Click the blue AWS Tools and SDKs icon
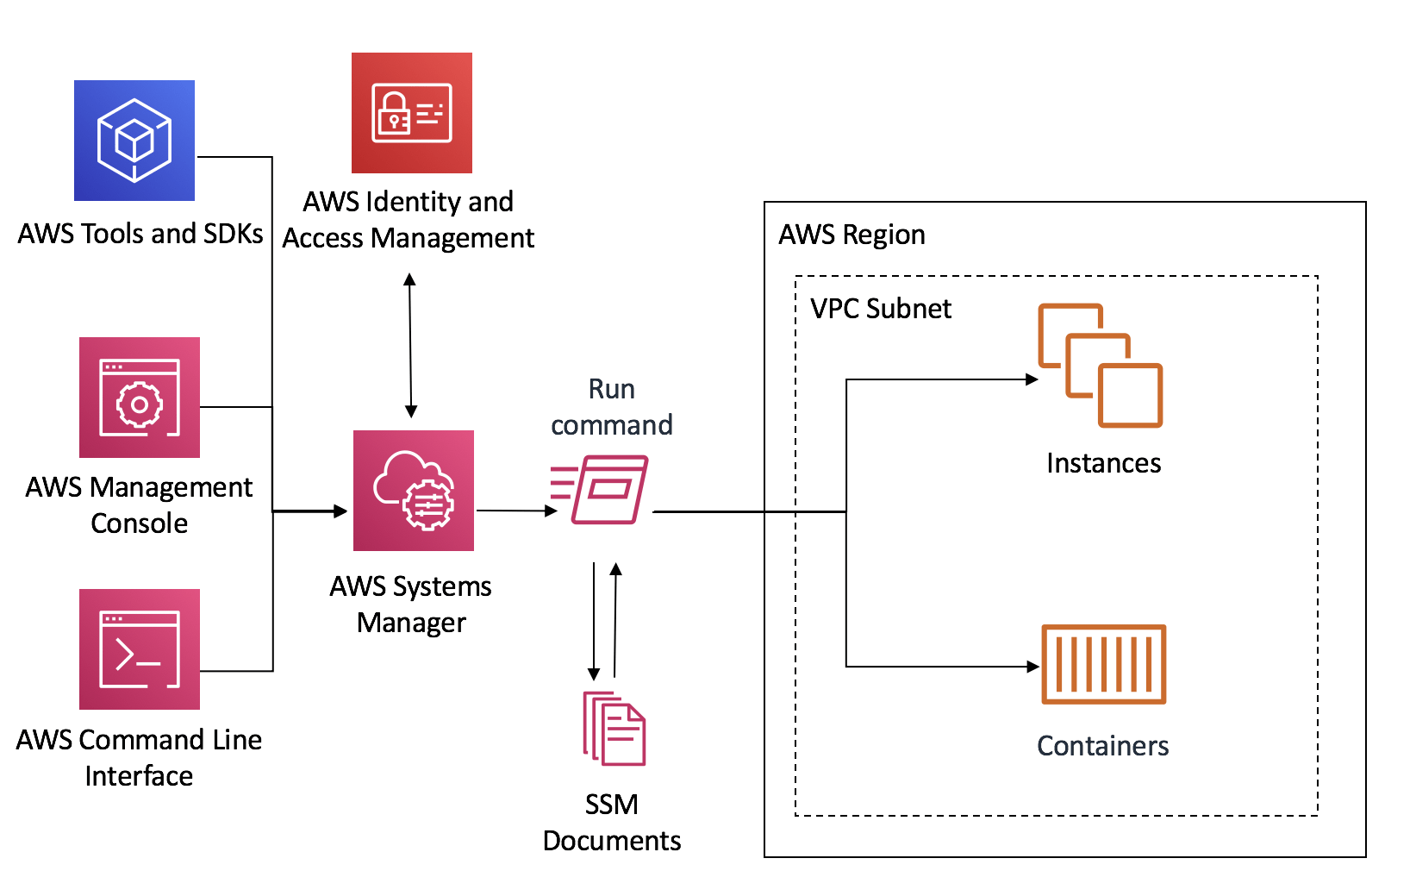coord(134,141)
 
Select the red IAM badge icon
coord(412,113)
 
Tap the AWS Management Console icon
coord(140,398)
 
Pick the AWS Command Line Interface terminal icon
coord(140,649)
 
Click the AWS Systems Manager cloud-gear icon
coord(414,491)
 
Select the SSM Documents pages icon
coord(614,729)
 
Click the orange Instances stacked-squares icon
coord(1101,366)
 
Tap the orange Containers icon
coord(1104,664)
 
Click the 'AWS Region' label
coord(851,235)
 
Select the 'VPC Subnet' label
coord(881,309)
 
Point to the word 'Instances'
coord(1104,463)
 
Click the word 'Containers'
coord(1103,746)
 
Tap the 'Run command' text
coord(612,407)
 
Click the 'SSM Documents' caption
coord(612,822)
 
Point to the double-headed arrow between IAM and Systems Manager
coord(410,345)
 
